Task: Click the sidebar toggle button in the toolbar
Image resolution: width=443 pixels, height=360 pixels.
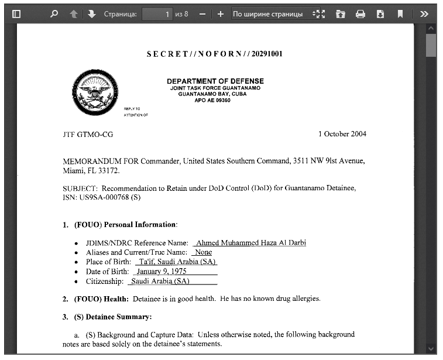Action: point(16,13)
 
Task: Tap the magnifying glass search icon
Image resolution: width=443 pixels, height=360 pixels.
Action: point(54,13)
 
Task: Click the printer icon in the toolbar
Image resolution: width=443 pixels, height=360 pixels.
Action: point(360,13)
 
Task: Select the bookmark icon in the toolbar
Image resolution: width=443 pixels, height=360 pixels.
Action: point(400,13)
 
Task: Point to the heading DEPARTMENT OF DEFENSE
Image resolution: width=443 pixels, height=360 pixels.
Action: point(215,81)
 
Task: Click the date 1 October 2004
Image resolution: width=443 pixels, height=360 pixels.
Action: point(342,134)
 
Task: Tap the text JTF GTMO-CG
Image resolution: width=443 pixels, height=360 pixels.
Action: point(88,135)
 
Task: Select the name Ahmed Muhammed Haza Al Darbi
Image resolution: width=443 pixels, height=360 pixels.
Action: point(251,243)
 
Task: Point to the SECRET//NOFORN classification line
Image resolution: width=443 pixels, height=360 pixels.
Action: point(215,54)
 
